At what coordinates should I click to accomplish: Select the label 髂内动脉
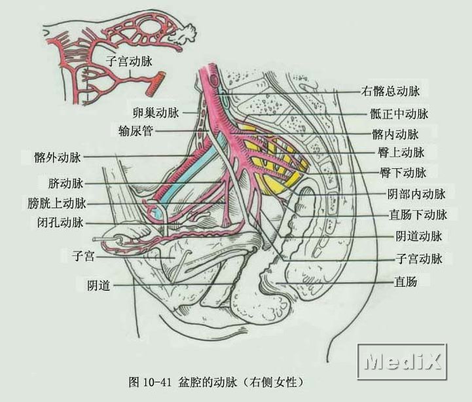coord(395,135)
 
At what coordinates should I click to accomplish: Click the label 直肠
coord(406,282)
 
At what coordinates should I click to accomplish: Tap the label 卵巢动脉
coord(156,113)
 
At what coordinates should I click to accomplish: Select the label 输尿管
coord(136,131)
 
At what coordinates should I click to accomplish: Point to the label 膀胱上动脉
coord(57,203)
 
